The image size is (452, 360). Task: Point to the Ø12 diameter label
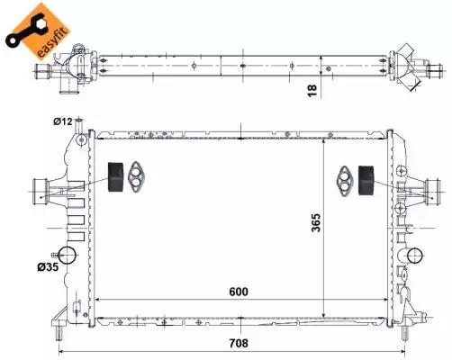(62, 121)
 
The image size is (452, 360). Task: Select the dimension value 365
(315, 223)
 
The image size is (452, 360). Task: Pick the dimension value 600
(239, 292)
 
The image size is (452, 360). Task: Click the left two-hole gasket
(137, 177)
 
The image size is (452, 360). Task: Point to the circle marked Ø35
(67, 256)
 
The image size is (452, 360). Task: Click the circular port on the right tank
(414, 256)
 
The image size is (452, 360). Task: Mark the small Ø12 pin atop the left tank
(79, 123)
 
